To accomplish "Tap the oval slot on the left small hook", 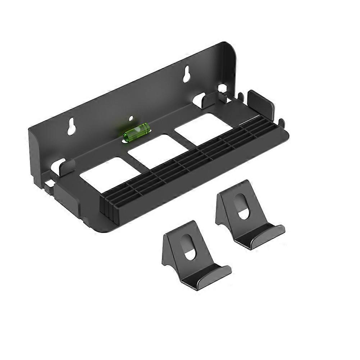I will (x=189, y=247).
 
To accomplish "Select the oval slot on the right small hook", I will (x=241, y=207).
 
